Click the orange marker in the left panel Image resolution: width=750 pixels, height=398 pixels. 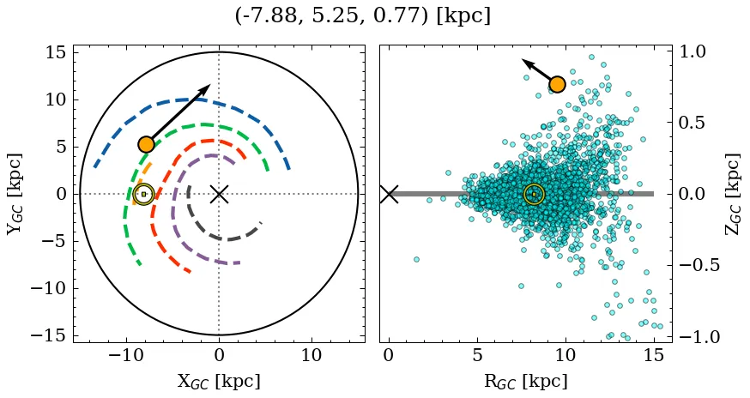(146, 144)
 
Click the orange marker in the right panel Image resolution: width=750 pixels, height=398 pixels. (557, 83)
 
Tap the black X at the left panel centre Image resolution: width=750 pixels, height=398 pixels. (219, 194)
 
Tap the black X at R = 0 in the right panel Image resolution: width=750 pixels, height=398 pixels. (389, 194)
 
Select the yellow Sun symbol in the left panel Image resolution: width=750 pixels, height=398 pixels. (143, 194)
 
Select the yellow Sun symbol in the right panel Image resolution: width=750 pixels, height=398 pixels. (534, 194)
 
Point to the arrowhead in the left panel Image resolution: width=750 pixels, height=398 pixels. (207, 87)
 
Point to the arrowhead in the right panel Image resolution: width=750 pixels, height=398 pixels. (525, 63)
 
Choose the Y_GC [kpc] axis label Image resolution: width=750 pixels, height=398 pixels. (15, 194)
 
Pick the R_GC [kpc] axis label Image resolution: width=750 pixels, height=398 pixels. (525, 381)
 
